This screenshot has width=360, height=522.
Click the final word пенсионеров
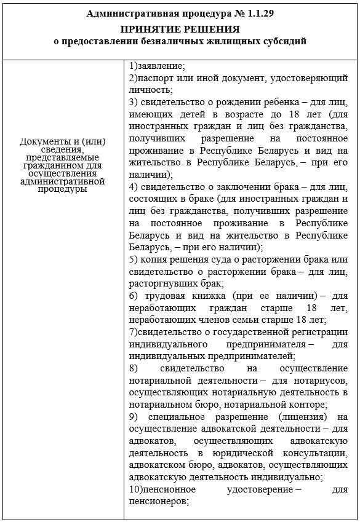[158, 501]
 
